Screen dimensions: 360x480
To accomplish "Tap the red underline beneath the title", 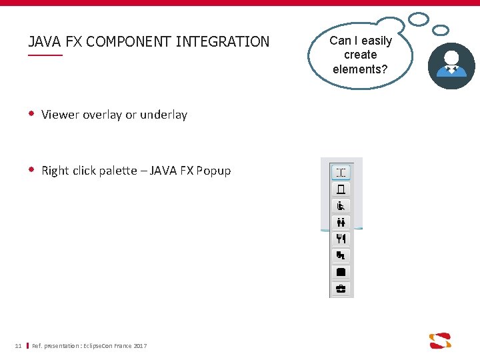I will pyautogui.click(x=45, y=55).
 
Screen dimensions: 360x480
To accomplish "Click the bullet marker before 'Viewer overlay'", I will pyautogui.click(x=31, y=114).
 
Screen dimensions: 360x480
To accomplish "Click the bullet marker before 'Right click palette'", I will pyautogui.click(x=31, y=170).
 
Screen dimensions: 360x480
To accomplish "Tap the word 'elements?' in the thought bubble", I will pyautogui.click(x=360, y=69).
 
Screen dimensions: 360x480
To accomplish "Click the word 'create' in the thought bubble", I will pyautogui.click(x=360, y=55).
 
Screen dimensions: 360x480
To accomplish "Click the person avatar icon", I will pyautogui.click(x=451, y=66).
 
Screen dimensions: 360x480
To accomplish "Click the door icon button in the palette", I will pyautogui.click(x=341, y=189).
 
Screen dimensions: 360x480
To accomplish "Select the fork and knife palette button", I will pyautogui.click(x=341, y=239).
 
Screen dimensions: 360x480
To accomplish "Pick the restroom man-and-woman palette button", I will pyautogui.click(x=341, y=222).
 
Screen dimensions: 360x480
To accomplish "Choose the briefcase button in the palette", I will pyautogui.click(x=341, y=289).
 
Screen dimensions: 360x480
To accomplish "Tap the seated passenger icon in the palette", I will pyautogui.click(x=341, y=206).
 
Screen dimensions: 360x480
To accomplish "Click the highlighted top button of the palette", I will pyautogui.click(x=341, y=173).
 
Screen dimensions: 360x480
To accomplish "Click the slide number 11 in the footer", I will pyautogui.click(x=18, y=345).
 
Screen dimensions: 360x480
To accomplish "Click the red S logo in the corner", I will pyautogui.click(x=440, y=341).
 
